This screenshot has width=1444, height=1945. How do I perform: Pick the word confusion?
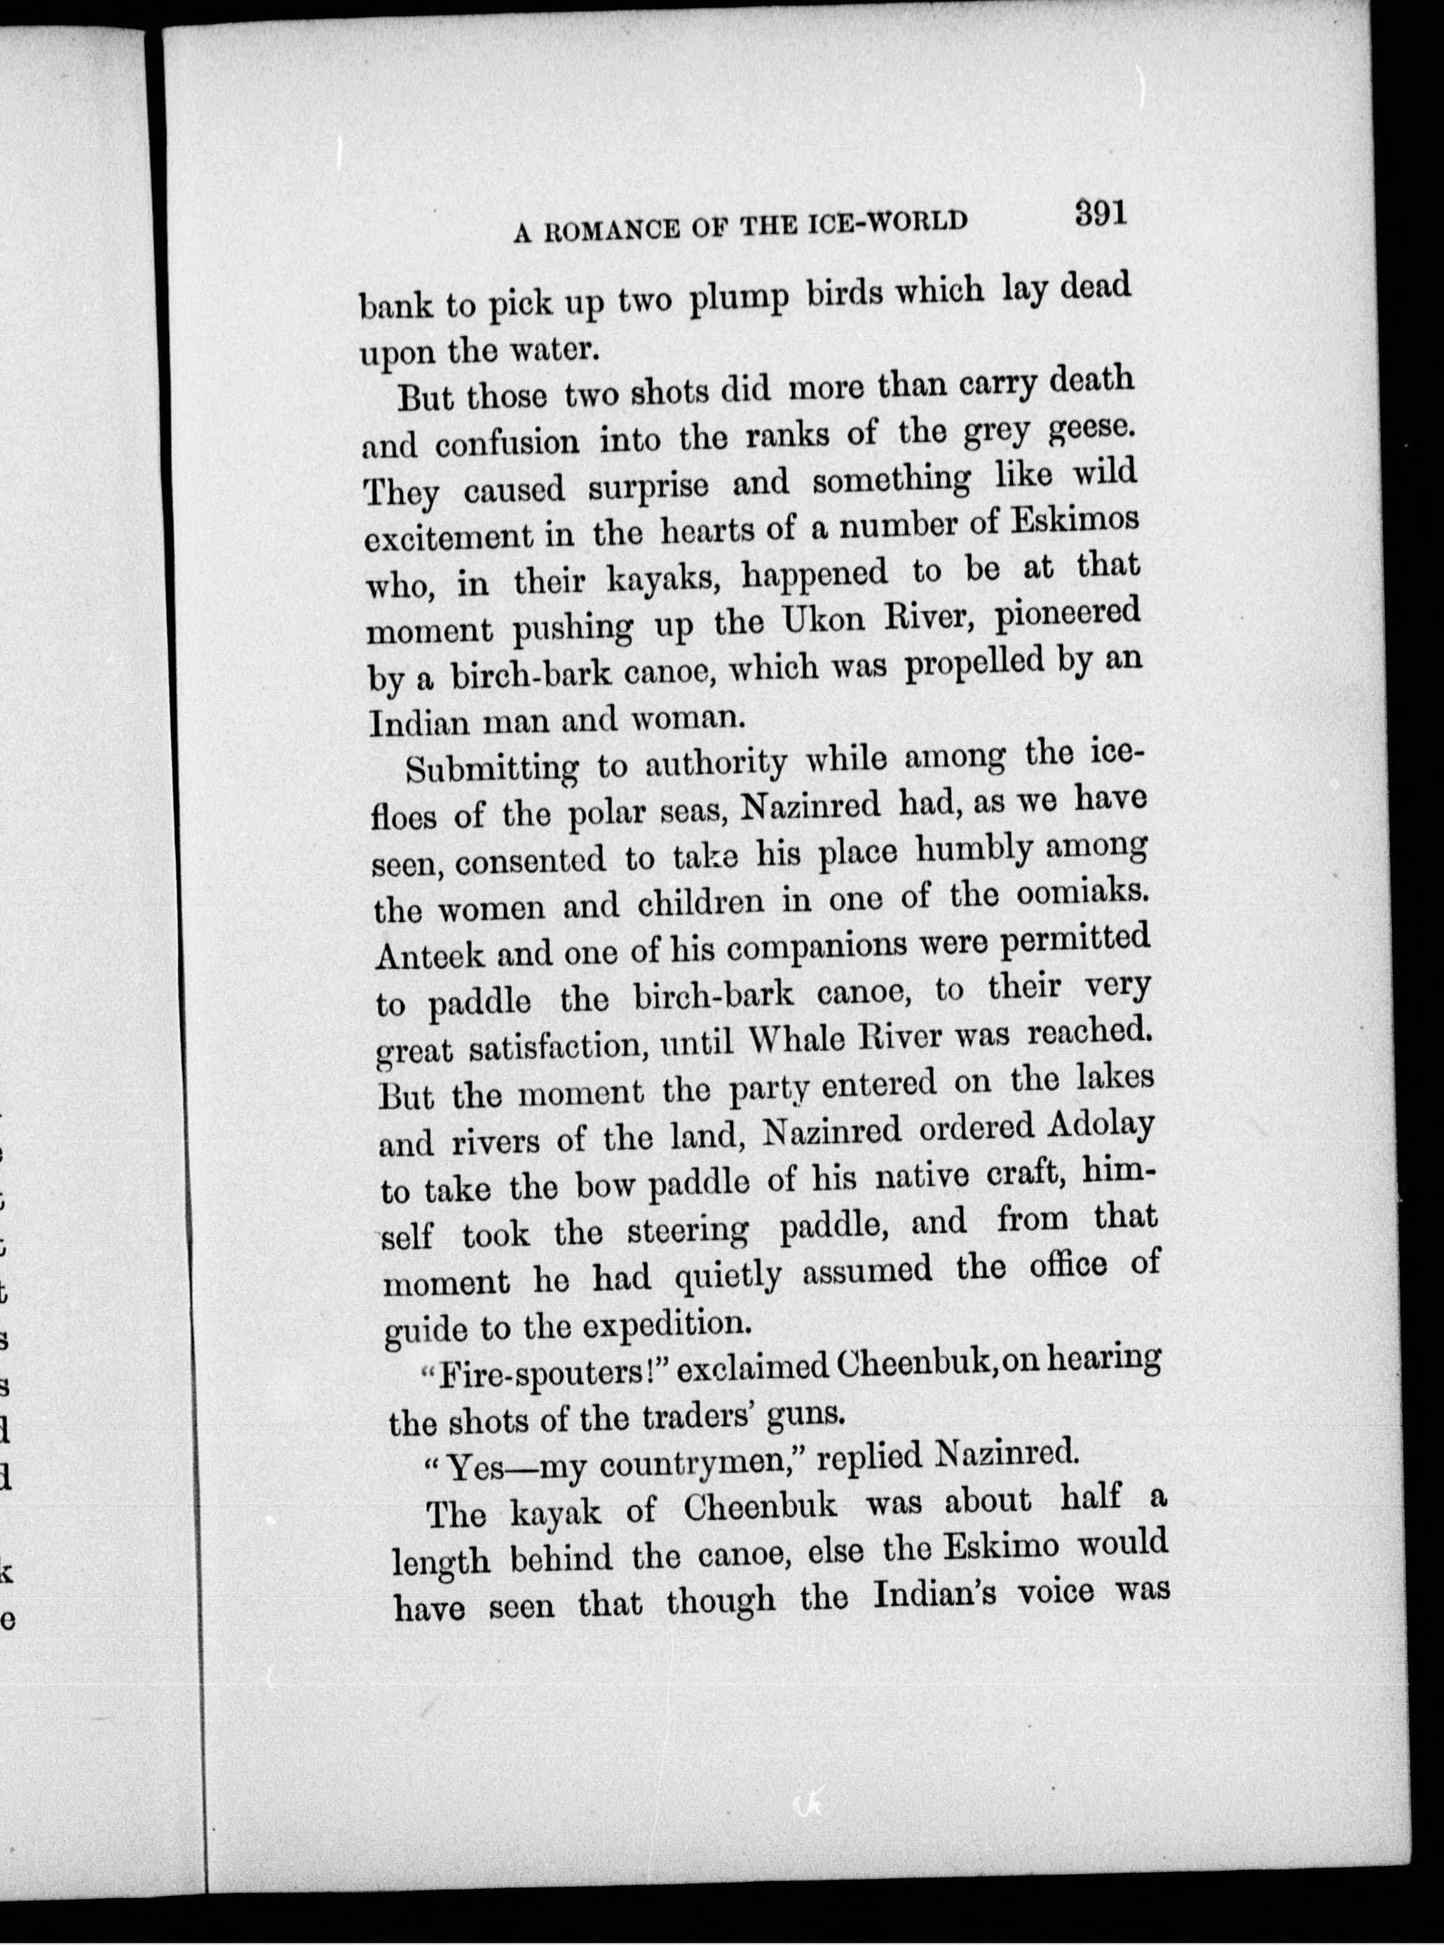tap(509, 442)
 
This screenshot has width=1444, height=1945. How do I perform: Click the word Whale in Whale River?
tap(803, 1042)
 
